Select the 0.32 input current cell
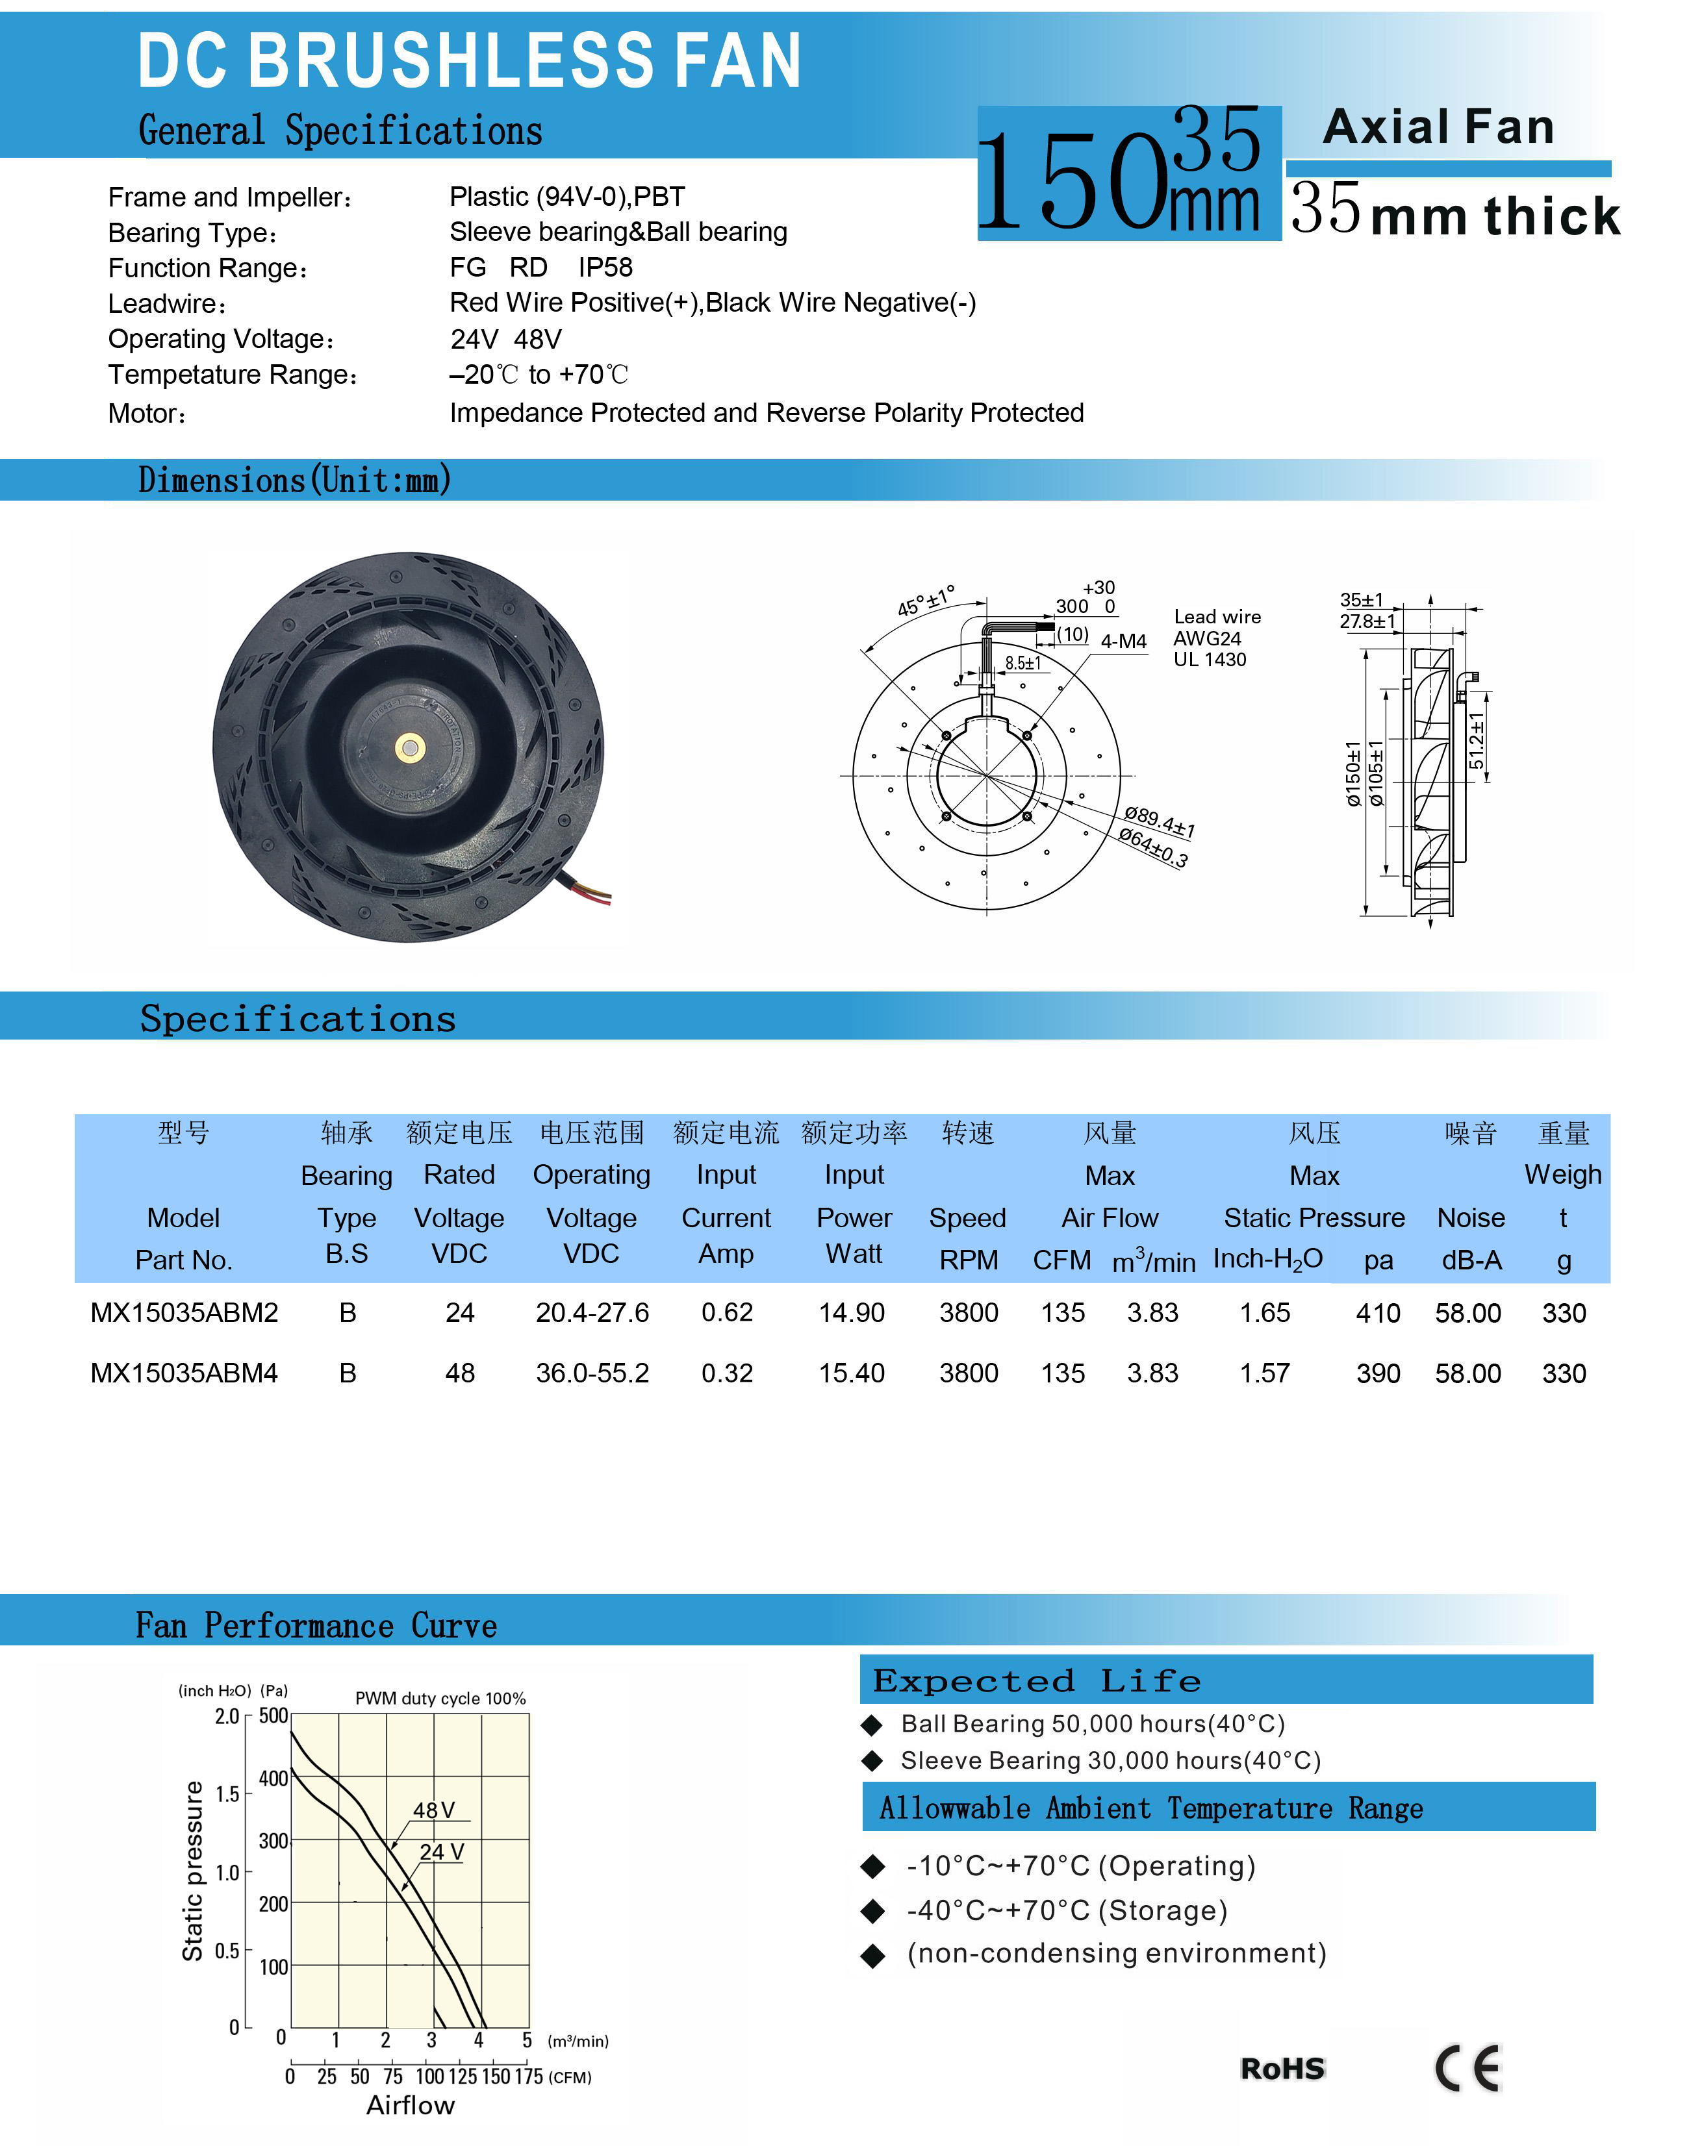[727, 1373]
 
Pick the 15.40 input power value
[852, 1373]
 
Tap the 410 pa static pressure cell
[1377, 1313]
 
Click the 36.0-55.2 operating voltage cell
[592, 1373]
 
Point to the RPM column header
[968, 1260]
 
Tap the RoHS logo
[1282, 2069]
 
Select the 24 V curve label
[441, 1851]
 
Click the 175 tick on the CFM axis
[529, 2077]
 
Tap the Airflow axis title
[411, 2106]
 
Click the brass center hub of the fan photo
[409, 748]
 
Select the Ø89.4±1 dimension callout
[1159, 821]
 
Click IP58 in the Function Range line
[605, 268]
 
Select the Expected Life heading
[1036, 1680]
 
